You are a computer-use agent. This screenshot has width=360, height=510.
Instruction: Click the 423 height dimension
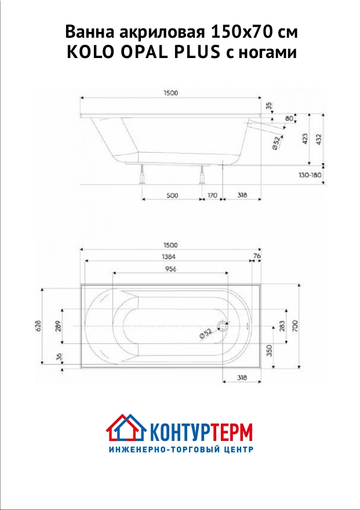coord(305,139)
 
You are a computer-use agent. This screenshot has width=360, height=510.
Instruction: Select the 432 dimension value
coord(319,139)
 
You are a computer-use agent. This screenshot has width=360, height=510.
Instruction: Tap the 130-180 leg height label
coord(310,175)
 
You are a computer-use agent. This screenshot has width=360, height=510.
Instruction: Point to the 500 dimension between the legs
coord(172,195)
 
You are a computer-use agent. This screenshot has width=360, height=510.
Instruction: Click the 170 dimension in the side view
coord(212,195)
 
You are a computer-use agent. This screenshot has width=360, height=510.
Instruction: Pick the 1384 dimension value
coord(169,256)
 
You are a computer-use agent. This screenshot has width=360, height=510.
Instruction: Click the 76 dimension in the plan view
coord(257,256)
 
